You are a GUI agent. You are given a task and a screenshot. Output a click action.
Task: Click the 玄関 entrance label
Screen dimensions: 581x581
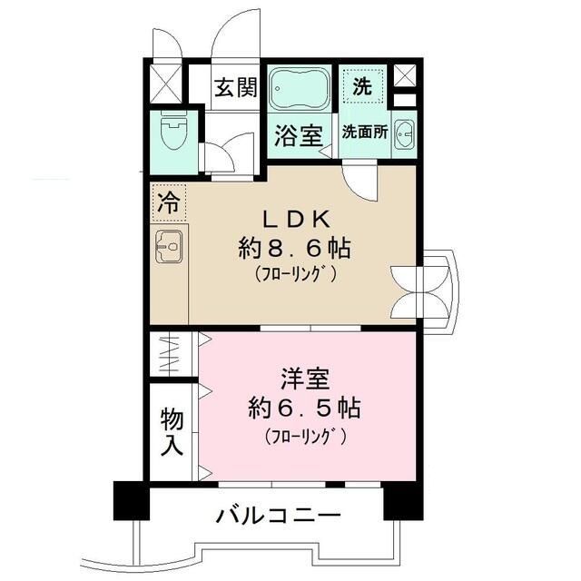(235, 88)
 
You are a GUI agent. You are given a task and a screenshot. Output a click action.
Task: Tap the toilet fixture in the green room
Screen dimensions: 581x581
(171, 134)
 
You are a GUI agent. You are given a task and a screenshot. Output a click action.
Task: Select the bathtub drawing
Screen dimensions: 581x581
(300, 88)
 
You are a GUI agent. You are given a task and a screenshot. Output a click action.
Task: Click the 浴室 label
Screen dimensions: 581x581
(298, 137)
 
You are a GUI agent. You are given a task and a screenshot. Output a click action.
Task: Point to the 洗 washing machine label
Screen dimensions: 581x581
(361, 87)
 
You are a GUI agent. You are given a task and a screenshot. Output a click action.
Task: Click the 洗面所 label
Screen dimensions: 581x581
(364, 131)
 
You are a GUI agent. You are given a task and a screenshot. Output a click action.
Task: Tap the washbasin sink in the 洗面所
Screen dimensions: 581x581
(406, 133)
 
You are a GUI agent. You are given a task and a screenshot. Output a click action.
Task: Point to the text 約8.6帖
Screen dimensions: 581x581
(295, 247)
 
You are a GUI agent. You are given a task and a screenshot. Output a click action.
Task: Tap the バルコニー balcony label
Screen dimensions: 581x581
(278, 516)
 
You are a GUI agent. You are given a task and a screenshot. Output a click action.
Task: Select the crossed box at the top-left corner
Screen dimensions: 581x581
(164, 84)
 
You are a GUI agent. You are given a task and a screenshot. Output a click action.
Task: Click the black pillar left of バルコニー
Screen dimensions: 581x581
(130, 500)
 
